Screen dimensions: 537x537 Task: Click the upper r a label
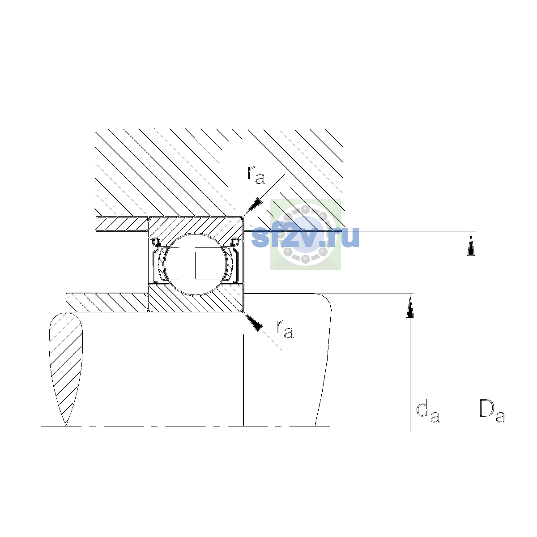(256, 175)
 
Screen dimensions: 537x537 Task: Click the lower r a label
(285, 330)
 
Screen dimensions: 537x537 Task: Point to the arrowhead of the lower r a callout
(253, 322)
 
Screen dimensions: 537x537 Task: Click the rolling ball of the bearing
(196, 264)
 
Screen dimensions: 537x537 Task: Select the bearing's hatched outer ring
(196, 227)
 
